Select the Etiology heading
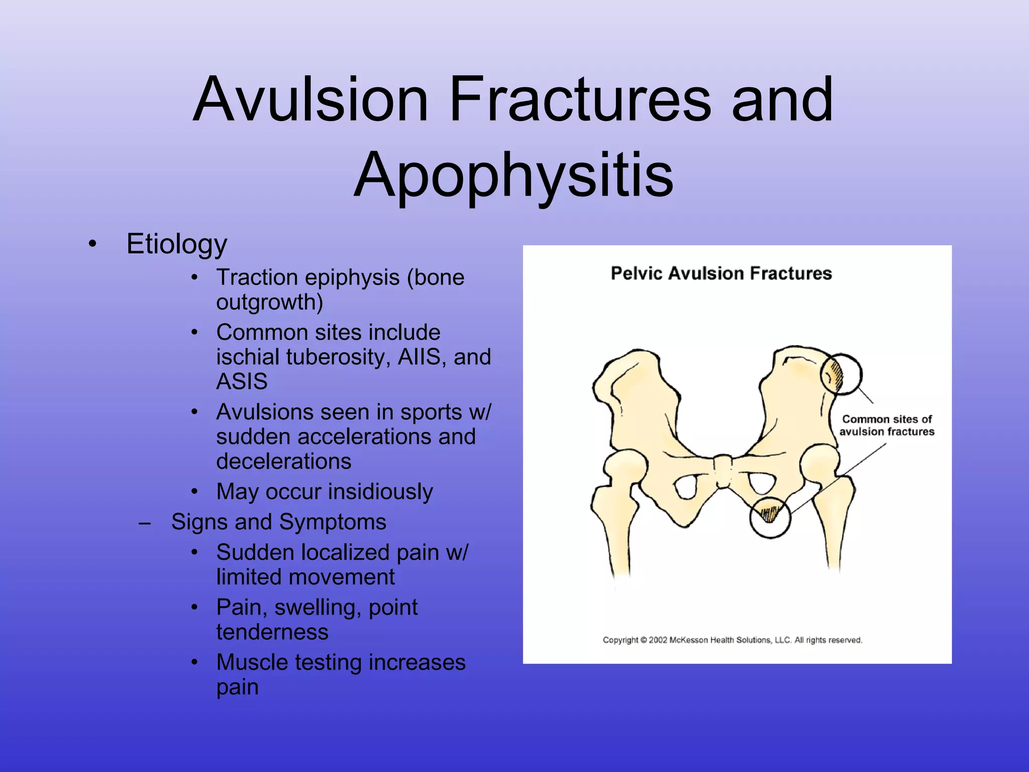point(176,244)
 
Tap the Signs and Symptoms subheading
point(278,522)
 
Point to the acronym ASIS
point(242,381)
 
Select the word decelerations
point(283,461)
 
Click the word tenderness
point(272,632)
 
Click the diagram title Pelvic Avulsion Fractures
point(721,273)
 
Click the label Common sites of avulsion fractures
point(886,425)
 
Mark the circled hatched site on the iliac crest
point(841,374)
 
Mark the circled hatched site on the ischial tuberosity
point(770,517)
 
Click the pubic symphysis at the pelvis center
point(723,470)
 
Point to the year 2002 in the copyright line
point(658,640)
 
